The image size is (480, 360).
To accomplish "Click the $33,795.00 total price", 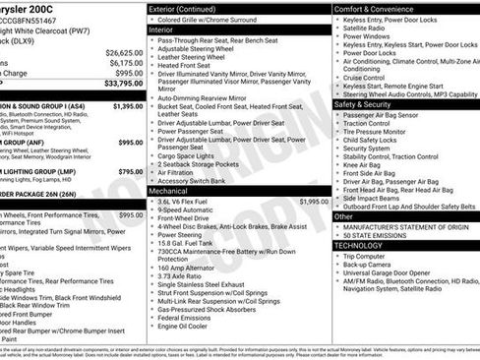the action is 123,83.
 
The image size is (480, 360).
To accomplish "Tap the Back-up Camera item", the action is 370,266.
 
